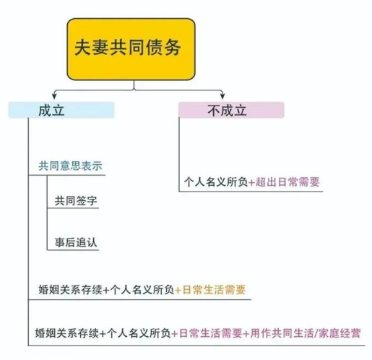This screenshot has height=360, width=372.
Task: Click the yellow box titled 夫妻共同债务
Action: tap(131, 49)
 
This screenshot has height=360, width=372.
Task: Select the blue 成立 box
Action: tap(61, 110)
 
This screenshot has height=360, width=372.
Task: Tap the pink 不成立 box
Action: tap(231, 110)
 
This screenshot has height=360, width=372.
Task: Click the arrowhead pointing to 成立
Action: tap(54, 95)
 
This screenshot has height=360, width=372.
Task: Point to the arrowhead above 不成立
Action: tap(222, 95)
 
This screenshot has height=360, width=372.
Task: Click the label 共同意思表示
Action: tap(70, 166)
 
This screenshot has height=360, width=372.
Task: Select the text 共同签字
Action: tap(76, 201)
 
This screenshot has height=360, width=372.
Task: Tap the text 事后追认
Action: tap(76, 242)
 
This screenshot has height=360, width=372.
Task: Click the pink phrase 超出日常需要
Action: tap(287, 182)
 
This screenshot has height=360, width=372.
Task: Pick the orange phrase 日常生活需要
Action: tap(214, 290)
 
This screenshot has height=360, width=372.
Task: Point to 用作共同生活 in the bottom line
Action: tap(282, 333)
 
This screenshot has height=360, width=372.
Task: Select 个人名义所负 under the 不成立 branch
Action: tap(216, 182)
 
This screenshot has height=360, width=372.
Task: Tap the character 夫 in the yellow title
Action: tap(83, 48)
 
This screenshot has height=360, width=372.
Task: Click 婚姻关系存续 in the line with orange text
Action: tap(70, 290)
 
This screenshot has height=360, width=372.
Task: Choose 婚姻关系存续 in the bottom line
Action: tap(67, 333)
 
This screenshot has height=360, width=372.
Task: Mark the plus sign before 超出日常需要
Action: tap(251, 183)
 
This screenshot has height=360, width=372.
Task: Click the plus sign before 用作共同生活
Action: tap(246, 334)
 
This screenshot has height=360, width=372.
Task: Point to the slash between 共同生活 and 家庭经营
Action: tap(316, 334)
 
